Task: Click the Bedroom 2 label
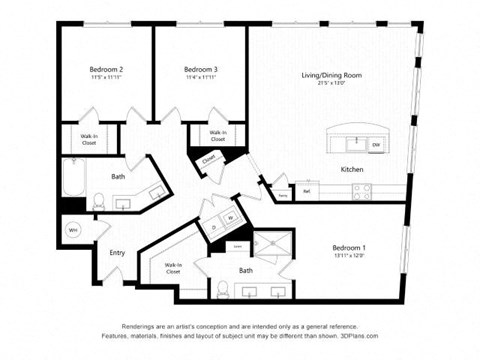(x=105, y=68)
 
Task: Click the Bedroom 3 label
(x=200, y=68)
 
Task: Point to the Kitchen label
(x=351, y=170)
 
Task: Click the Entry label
(x=117, y=253)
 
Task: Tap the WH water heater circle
(x=73, y=230)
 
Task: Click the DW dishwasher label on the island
(x=376, y=145)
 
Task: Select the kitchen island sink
(x=354, y=141)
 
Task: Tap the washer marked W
(x=230, y=217)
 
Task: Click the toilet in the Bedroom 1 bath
(x=224, y=290)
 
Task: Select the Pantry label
(x=284, y=196)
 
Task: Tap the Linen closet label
(x=237, y=246)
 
